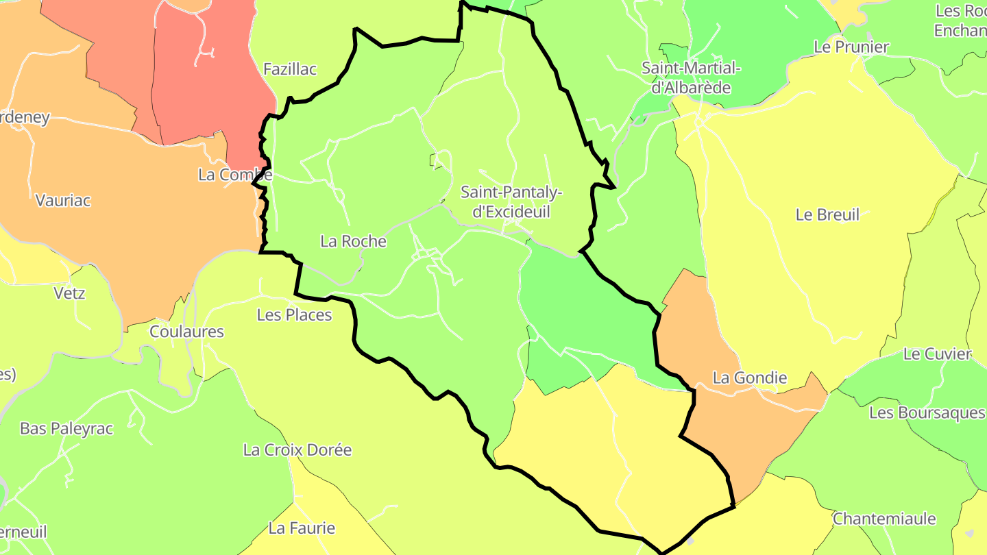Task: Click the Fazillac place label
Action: coord(290,69)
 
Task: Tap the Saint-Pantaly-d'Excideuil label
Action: coord(511,202)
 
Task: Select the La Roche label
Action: coord(353,242)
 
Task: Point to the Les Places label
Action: coord(294,315)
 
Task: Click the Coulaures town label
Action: coord(186,332)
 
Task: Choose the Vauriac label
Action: coord(63,201)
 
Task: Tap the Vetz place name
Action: coord(69,293)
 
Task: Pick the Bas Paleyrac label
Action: coord(66,429)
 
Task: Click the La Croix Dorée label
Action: coord(297,450)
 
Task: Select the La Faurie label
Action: coord(302,528)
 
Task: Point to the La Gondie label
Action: coord(750,378)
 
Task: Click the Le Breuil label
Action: coord(827,214)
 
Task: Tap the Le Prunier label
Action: coord(851,47)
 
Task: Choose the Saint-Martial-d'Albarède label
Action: coord(691,78)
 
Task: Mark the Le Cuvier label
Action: coord(937,354)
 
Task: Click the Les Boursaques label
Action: coord(927,413)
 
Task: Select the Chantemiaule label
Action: coord(884,519)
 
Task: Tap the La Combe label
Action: coord(234,175)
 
